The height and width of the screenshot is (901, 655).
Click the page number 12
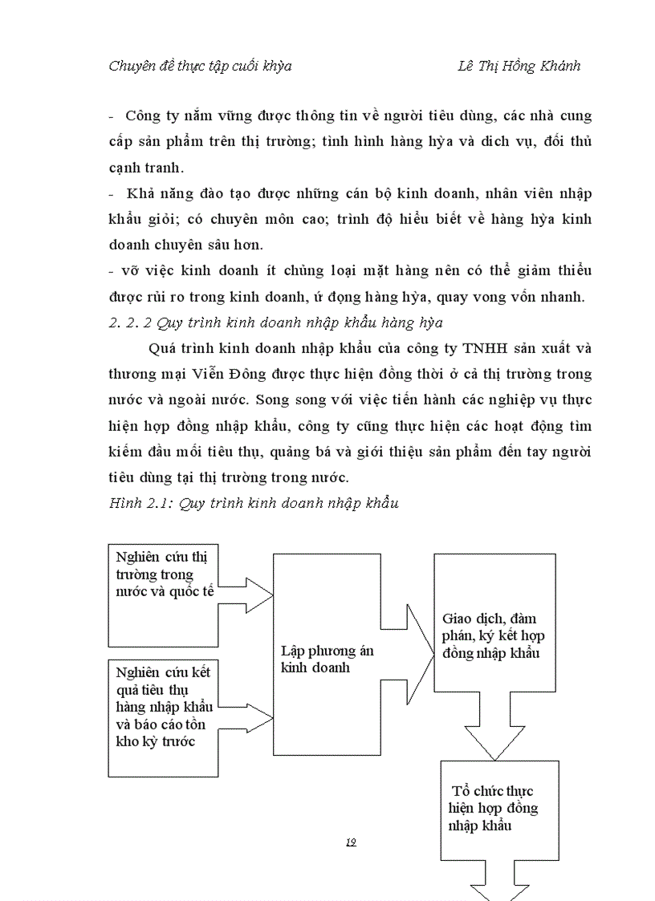click(x=350, y=842)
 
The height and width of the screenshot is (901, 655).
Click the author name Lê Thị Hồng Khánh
click(x=518, y=67)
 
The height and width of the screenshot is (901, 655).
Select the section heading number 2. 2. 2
click(x=128, y=323)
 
